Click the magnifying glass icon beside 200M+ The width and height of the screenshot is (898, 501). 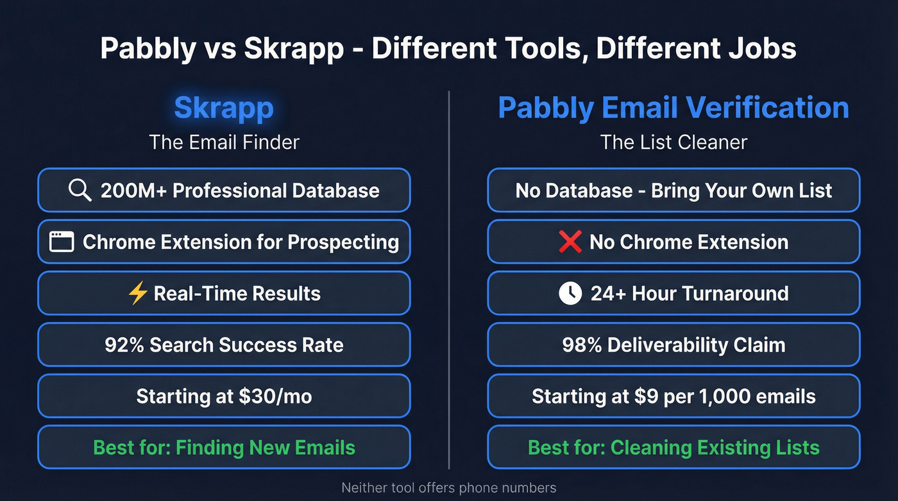tap(80, 191)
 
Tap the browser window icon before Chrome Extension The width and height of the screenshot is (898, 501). tap(62, 242)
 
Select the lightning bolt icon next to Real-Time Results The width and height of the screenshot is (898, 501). tap(138, 294)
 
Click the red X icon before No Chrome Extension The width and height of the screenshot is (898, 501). tap(570, 242)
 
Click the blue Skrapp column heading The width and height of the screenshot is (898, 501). tap(224, 108)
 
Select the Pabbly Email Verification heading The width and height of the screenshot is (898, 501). tap(673, 108)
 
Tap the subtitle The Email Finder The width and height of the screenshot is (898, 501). tap(224, 142)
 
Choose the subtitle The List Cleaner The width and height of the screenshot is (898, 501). tap(673, 142)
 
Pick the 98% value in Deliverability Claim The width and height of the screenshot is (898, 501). tap(581, 345)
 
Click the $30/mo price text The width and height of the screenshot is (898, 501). tap(277, 396)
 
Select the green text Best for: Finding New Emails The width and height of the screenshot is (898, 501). tap(224, 448)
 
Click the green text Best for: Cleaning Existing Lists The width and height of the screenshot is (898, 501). tap(673, 448)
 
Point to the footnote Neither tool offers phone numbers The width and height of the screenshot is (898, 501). tap(448, 488)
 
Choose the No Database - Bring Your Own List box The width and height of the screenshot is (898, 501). tap(673, 191)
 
